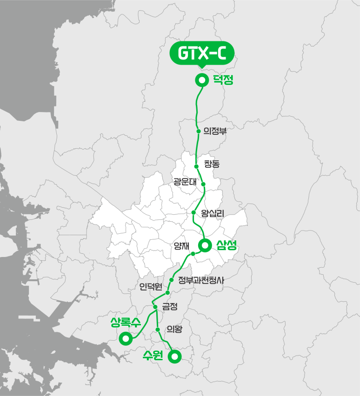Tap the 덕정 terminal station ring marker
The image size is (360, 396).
[x=202, y=80]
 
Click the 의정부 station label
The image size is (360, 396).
[x=214, y=131]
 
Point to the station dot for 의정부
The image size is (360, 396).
[x=199, y=131]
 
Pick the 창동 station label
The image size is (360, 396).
[x=212, y=164]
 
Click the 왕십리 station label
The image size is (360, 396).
[x=213, y=213]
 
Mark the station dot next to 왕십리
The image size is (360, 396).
[x=194, y=213]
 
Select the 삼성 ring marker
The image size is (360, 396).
[x=204, y=245]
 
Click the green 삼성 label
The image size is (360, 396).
[x=227, y=245]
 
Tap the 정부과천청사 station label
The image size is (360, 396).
[x=201, y=280]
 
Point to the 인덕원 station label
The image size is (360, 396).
[x=150, y=287]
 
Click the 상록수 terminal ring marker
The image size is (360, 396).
[x=125, y=338]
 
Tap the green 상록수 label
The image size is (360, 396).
[x=126, y=322]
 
